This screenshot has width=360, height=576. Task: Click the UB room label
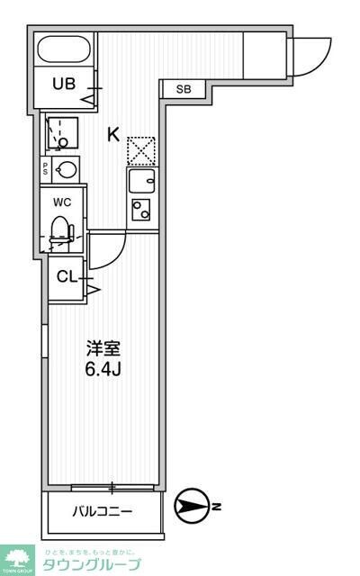click(63, 85)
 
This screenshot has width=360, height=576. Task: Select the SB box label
click(184, 89)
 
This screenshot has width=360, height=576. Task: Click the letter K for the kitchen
click(113, 135)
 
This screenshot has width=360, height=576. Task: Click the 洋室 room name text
click(103, 347)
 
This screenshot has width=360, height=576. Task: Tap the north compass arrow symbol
click(191, 506)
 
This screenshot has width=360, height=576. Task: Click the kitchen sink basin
click(141, 182)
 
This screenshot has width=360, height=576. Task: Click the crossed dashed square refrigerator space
click(140, 150)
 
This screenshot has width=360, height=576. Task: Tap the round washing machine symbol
click(67, 168)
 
